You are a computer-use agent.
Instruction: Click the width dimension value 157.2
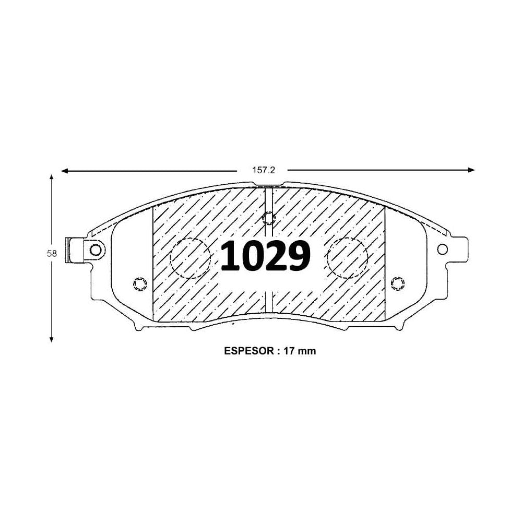[263, 170]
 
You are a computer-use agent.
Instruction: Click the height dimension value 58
[52, 254]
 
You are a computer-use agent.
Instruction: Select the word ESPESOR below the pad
[248, 351]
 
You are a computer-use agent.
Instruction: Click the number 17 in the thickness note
[288, 351]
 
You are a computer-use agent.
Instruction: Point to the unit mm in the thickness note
[306, 351]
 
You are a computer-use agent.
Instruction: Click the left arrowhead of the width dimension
[65, 171]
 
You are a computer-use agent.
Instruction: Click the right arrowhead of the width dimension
[471, 170]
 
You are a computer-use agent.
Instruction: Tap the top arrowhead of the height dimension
[51, 177]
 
